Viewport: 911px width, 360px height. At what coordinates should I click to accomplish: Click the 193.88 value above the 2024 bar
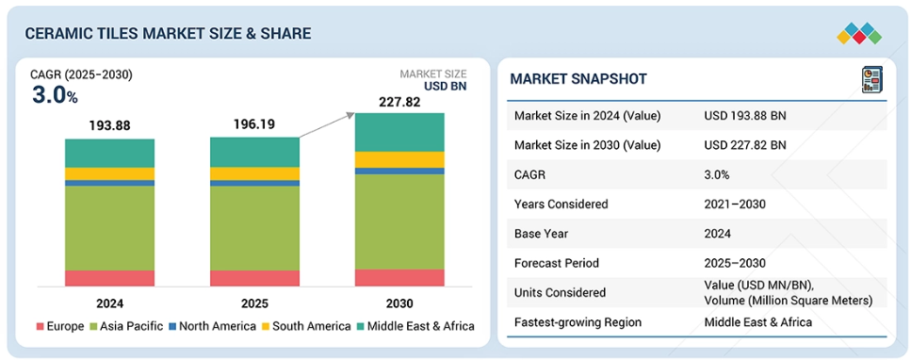110,125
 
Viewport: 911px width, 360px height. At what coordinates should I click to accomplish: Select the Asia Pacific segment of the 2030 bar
399,221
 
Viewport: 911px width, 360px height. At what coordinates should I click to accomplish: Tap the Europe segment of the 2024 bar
110,278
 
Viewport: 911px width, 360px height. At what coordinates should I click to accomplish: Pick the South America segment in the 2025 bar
255,174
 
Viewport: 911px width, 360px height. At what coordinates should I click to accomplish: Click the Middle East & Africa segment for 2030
399,132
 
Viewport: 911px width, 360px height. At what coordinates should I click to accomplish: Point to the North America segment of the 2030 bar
399,171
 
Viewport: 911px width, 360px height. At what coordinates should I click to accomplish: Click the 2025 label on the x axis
255,303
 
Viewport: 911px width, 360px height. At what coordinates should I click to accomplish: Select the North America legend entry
211,326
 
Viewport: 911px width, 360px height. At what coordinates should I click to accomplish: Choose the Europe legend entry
60,326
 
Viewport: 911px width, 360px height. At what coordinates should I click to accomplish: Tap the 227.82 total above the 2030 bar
399,103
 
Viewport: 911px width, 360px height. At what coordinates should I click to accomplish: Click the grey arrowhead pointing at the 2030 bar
350,115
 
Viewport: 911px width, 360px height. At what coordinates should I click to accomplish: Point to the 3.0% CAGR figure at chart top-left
55,96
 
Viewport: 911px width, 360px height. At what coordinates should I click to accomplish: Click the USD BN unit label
445,87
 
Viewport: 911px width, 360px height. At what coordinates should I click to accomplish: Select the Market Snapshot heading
578,79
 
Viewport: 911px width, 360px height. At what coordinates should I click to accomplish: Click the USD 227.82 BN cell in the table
745,145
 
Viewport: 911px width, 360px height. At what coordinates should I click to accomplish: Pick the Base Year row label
542,234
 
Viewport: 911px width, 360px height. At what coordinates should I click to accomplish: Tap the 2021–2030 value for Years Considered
735,205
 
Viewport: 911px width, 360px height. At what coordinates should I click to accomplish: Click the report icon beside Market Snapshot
871,80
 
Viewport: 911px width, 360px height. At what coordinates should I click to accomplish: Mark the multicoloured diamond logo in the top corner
859,34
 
